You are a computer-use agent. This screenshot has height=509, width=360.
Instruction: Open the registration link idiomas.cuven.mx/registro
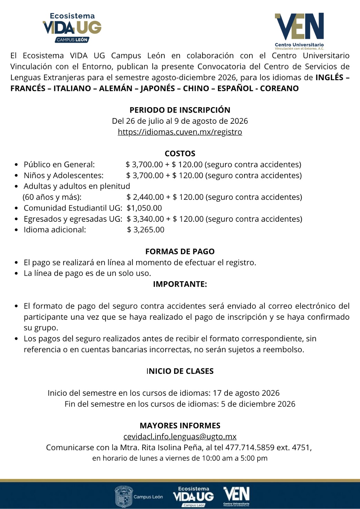(180, 132)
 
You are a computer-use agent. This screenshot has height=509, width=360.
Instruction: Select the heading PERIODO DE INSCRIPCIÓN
(180, 110)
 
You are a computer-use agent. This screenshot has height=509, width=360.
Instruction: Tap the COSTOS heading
(180, 153)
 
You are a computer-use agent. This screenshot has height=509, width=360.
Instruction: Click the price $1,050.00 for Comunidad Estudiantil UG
(144, 208)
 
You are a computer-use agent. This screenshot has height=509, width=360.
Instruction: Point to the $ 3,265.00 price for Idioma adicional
(146, 230)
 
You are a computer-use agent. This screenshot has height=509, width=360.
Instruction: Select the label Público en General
(59, 164)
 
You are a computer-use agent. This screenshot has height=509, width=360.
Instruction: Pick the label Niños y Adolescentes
(64, 175)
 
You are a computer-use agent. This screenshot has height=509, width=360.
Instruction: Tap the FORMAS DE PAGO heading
(180, 252)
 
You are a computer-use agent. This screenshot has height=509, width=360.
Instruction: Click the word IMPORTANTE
(180, 284)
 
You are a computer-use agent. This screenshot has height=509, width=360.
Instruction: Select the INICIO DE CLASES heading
(180, 371)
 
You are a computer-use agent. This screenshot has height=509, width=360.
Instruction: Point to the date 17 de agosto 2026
(246, 393)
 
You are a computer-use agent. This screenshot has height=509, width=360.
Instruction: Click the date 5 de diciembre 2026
(258, 404)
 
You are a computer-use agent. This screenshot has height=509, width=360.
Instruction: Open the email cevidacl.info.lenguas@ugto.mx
(180, 436)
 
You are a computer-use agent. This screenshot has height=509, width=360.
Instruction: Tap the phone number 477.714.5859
(250, 448)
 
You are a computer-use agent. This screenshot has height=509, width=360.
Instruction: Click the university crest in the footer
(124, 496)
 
